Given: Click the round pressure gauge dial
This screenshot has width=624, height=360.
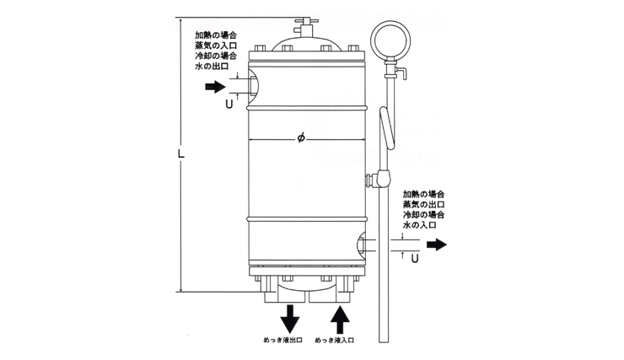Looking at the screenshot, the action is [x=390, y=40].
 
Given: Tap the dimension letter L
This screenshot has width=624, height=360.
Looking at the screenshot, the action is [x=181, y=153].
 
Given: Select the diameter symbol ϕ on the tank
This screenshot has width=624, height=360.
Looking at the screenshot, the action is [x=301, y=138].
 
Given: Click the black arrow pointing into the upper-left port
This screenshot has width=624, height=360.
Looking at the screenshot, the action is [x=215, y=86].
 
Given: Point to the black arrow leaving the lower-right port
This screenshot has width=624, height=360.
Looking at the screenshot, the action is [x=437, y=244].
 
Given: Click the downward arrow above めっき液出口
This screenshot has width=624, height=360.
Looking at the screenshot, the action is [x=290, y=319].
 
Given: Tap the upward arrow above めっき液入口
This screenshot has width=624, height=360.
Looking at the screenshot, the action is [x=340, y=320].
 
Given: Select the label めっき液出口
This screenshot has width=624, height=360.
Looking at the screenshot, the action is [x=283, y=340].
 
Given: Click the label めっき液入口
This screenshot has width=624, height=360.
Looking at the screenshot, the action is [x=334, y=340].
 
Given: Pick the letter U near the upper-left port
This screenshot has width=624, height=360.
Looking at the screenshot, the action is [x=229, y=105].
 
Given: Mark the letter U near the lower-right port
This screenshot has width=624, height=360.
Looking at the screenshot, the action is [x=415, y=259].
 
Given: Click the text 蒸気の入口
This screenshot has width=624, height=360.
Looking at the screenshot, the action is [x=216, y=45].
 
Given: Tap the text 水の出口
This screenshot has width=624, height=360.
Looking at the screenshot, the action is [x=212, y=66].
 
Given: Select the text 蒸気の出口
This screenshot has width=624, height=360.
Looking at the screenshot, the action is [x=423, y=205].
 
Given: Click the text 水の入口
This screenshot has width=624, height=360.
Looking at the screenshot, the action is [x=419, y=225].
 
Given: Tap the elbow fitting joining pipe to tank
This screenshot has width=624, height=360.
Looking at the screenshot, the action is [x=378, y=179].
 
